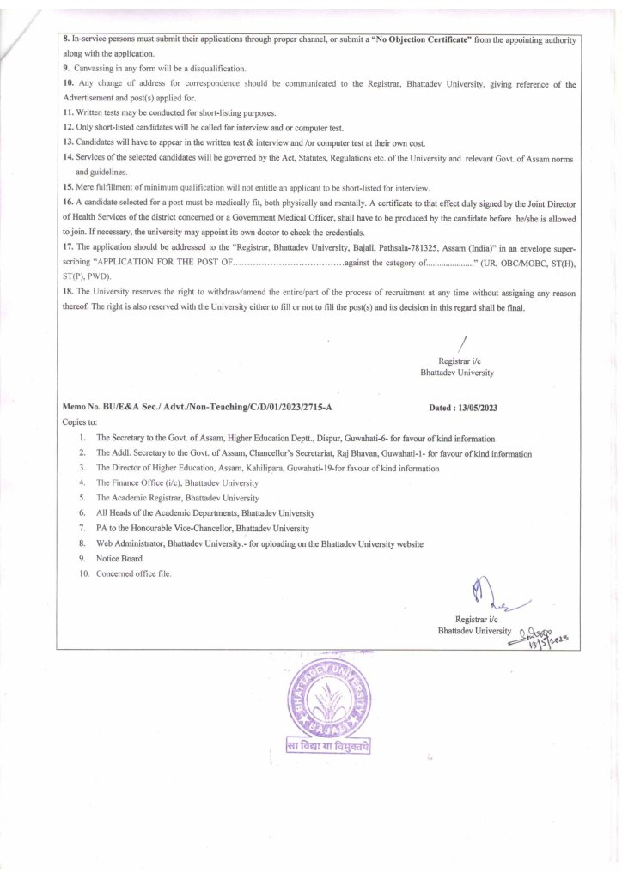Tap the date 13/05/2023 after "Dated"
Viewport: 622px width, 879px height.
(x=473, y=409)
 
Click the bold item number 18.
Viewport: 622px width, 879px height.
(x=68, y=292)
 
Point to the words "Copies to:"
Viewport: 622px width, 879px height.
(x=80, y=423)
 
